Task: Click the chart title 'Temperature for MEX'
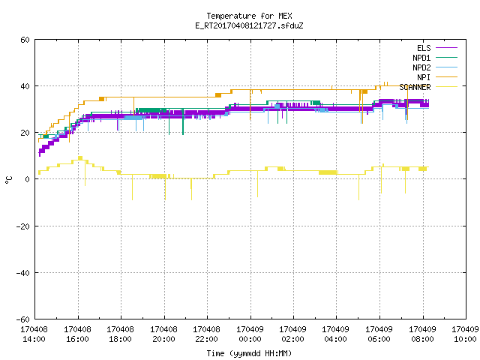(249, 16)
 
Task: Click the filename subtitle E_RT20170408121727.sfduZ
(249, 25)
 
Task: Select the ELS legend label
(424, 48)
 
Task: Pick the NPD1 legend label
(421, 58)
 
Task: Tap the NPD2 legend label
(421, 67)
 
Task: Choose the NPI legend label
(424, 77)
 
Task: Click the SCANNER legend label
(415, 87)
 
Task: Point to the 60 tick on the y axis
(25, 40)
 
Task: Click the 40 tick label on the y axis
(25, 86)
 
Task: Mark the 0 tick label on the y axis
(27, 179)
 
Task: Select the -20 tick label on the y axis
(23, 226)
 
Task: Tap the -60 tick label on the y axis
(23, 319)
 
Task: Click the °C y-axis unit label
(8, 180)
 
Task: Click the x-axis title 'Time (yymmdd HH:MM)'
(249, 353)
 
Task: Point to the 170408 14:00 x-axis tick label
(34, 334)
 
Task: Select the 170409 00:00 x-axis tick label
(250, 334)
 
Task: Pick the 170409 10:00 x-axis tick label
(466, 334)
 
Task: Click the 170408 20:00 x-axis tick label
(163, 334)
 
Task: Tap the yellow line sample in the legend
(446, 87)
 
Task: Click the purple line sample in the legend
(446, 48)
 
